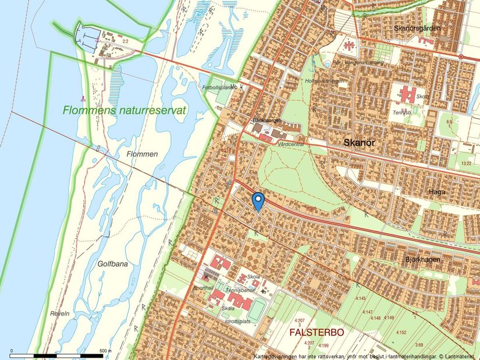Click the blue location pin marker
click(258, 201)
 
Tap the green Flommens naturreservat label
click(125, 111)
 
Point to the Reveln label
click(60, 313)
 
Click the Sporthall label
click(203, 287)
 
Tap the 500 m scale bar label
click(105, 351)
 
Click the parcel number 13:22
click(465, 163)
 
